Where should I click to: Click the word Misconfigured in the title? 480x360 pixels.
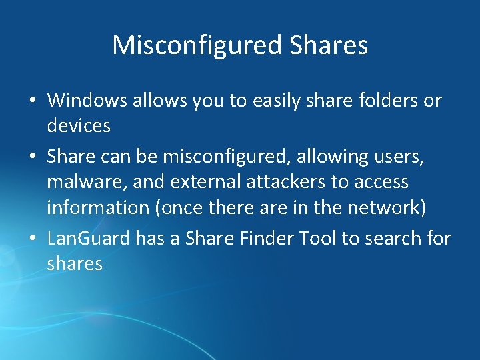pyautogui.click(x=198, y=45)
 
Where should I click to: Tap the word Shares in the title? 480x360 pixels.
pyautogui.click(x=329, y=45)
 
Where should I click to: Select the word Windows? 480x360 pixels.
pyautogui.click(x=87, y=101)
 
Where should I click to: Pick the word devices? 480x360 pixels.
pyautogui.click(x=79, y=125)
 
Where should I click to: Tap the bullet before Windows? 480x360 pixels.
pyautogui.click(x=33, y=101)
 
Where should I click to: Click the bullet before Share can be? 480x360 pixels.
pyautogui.click(x=33, y=157)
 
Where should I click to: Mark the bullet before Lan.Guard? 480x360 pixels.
pyautogui.click(x=33, y=239)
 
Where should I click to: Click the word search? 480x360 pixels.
pyautogui.click(x=395, y=238)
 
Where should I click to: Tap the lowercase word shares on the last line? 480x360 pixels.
pyautogui.click(x=75, y=263)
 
